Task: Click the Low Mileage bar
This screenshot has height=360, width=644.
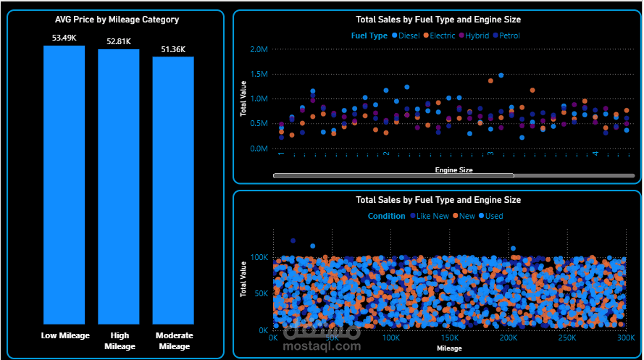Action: pyautogui.click(x=64, y=185)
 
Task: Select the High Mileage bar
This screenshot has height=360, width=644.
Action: pyautogui.click(x=119, y=187)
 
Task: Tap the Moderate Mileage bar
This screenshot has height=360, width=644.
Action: pyautogui.click(x=173, y=190)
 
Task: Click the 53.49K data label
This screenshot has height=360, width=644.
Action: pyautogui.click(x=64, y=38)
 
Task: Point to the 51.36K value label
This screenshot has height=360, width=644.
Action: pyautogui.click(x=173, y=49)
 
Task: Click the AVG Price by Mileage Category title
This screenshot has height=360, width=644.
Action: pyautogui.click(x=117, y=20)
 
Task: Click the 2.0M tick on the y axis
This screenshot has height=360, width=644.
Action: pyautogui.click(x=259, y=49)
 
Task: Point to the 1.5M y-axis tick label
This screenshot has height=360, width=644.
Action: pyautogui.click(x=259, y=74)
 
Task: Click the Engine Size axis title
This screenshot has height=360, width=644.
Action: pyautogui.click(x=453, y=170)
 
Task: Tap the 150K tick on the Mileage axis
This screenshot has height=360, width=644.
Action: pyautogui.click(x=450, y=338)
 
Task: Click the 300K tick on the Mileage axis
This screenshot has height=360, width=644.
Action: pyautogui.click(x=626, y=338)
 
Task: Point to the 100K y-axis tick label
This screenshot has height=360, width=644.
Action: pyautogui.click(x=260, y=257)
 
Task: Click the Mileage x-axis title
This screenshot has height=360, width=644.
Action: pyautogui.click(x=449, y=348)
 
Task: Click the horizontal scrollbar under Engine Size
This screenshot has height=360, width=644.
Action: pyautogui.click(x=393, y=175)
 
